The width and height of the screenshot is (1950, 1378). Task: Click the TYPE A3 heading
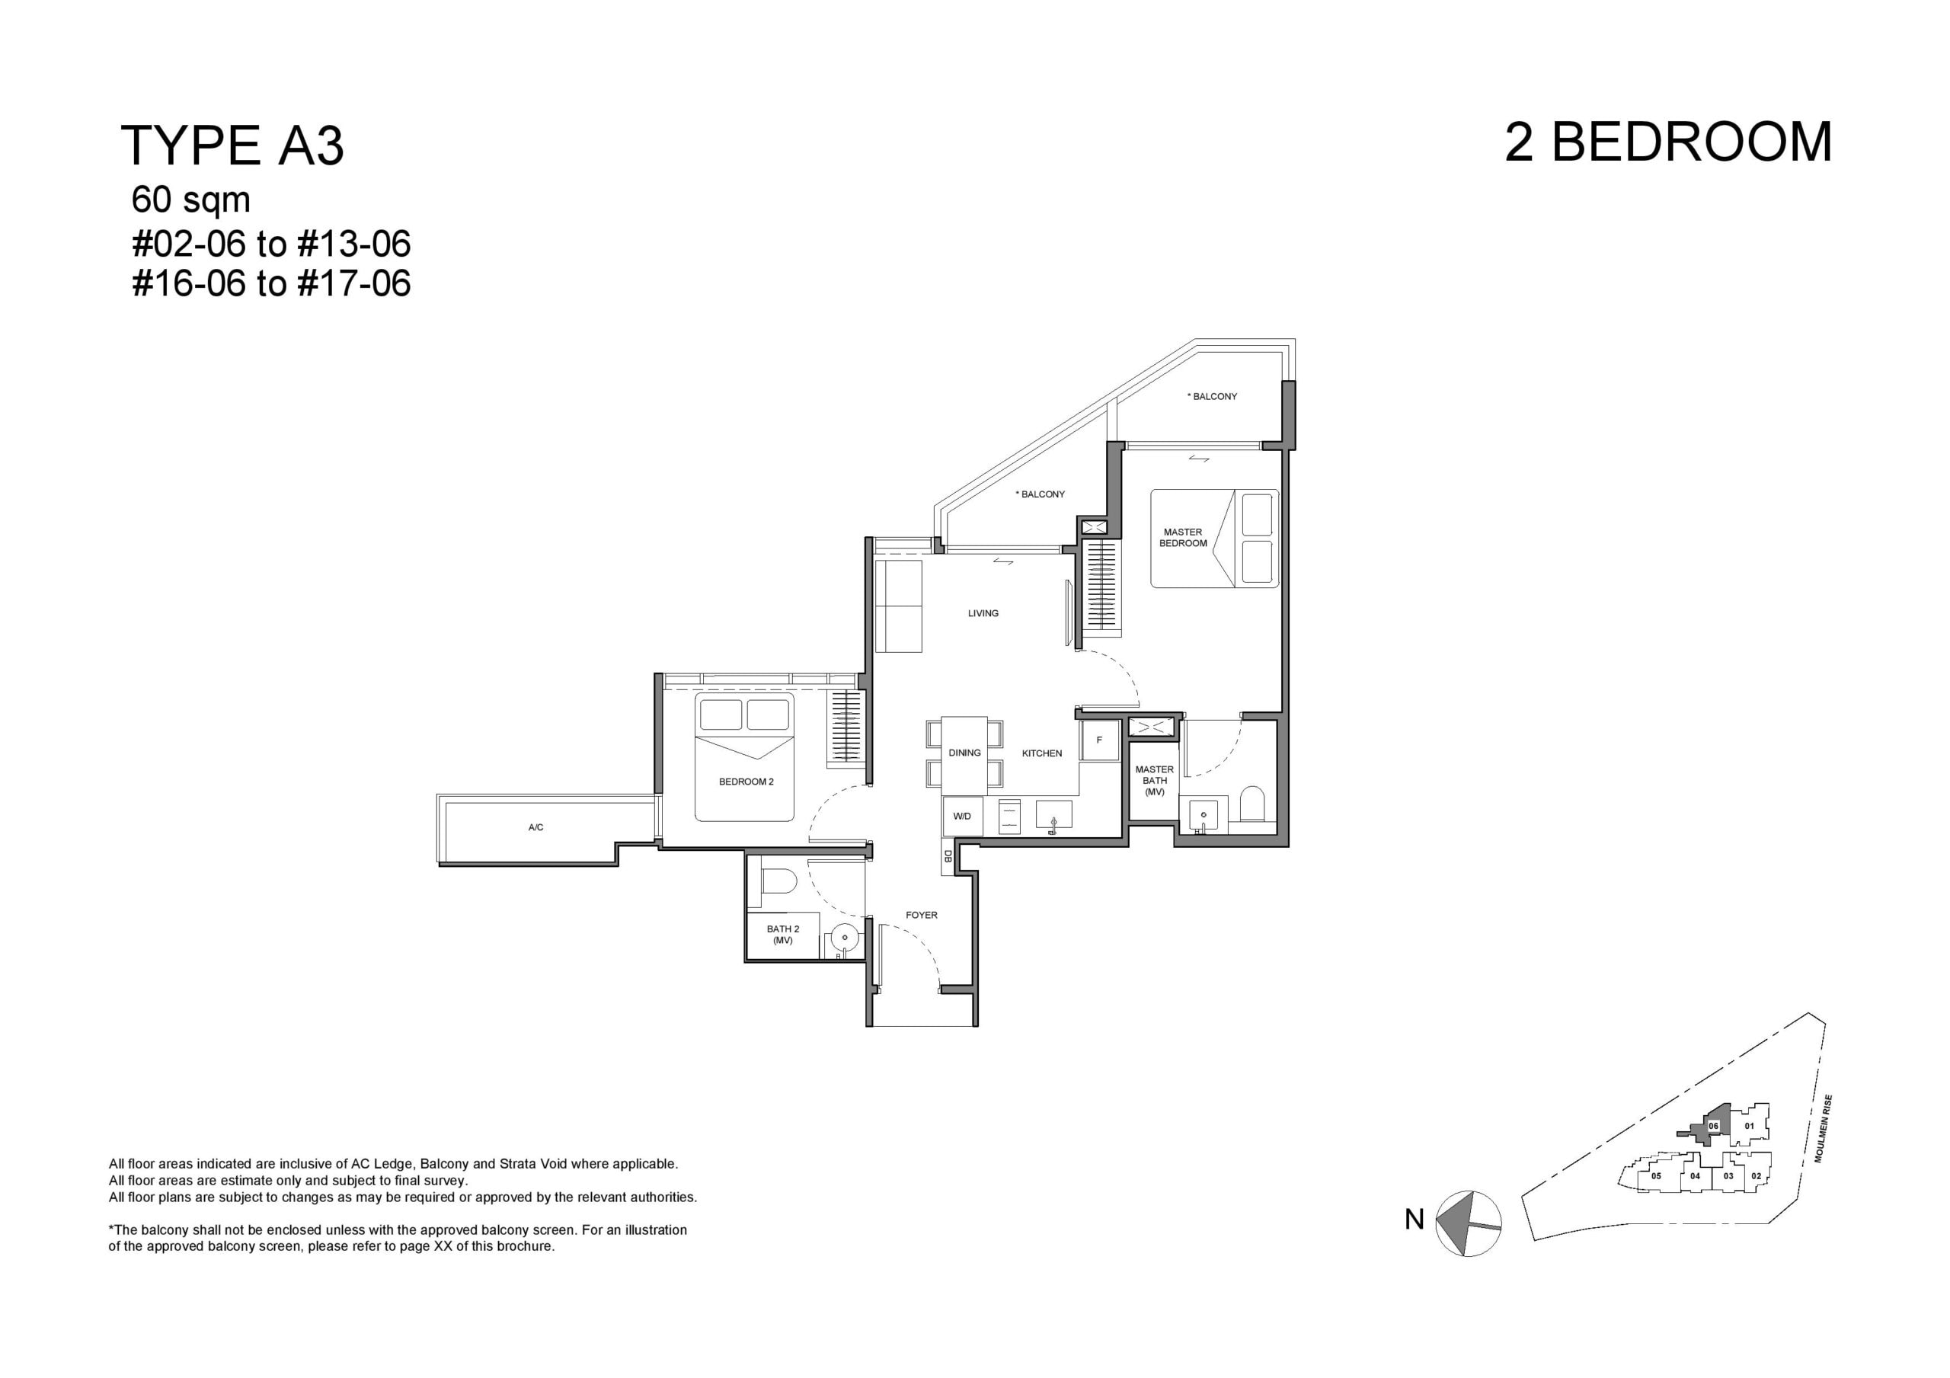pos(233,145)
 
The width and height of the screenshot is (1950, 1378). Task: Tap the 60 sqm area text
pos(191,200)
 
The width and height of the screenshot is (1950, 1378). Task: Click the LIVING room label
pos(983,613)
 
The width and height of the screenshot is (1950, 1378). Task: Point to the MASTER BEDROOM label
pos(1183,538)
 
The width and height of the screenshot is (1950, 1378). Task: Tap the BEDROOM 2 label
pos(746,782)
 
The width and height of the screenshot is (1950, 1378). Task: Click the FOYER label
pos(922,915)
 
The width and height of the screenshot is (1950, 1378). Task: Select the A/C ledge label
pos(536,827)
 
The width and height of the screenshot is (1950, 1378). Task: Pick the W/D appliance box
pos(962,817)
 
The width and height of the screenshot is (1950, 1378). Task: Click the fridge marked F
pos(1099,740)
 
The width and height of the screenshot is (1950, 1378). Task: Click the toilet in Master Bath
pos(1253,804)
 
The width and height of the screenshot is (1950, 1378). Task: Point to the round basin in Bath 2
pos(844,938)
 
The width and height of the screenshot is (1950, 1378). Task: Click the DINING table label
pos(965,753)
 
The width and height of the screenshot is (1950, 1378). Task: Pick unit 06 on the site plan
pos(1713,1126)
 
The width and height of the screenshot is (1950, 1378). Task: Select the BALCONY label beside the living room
pos(1041,494)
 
